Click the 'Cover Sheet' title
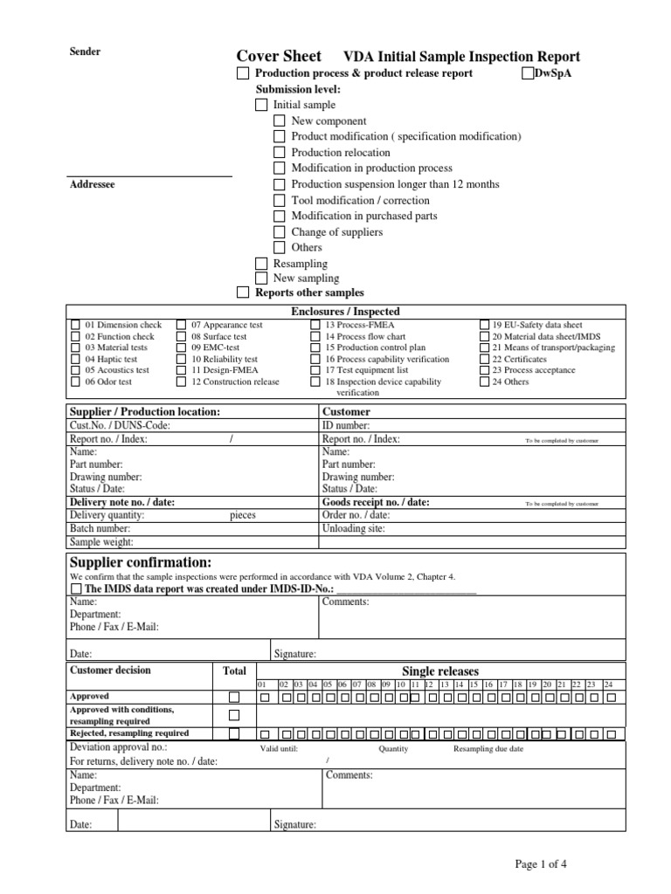point(279,55)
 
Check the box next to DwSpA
point(528,73)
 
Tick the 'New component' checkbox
point(279,121)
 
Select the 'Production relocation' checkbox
point(279,153)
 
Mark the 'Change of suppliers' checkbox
point(279,232)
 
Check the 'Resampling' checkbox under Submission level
point(261,264)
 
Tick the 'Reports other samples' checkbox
point(243,292)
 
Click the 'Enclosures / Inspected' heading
point(345,311)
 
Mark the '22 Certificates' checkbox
point(484,359)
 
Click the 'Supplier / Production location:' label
point(144,411)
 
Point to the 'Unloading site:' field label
point(353,528)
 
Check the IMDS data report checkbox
point(74,589)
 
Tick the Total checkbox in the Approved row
point(233,697)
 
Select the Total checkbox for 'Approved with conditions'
point(233,715)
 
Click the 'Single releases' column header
point(439,670)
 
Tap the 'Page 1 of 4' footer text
point(541,864)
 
